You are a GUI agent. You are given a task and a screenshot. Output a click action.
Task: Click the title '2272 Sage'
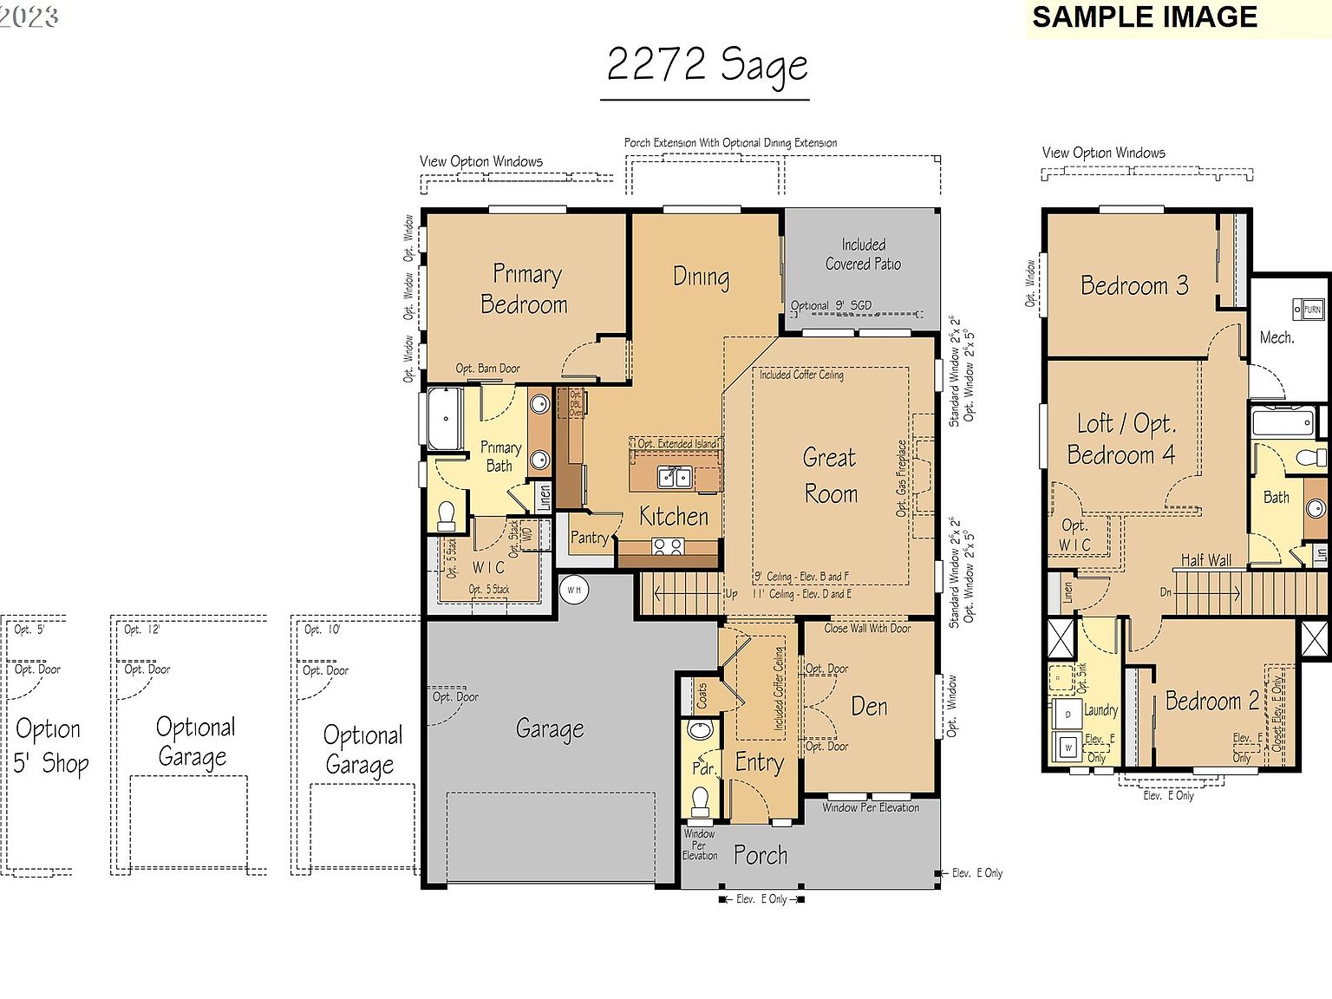(x=707, y=66)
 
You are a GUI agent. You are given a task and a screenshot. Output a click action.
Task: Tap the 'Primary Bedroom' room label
(x=525, y=289)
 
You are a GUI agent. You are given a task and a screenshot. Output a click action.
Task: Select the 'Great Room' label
(x=830, y=475)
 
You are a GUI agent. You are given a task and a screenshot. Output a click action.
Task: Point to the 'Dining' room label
(x=701, y=277)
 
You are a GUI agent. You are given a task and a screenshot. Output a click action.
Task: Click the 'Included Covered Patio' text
(x=863, y=254)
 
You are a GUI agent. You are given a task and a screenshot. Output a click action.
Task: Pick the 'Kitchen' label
(x=674, y=517)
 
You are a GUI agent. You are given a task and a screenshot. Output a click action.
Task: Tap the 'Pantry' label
(x=589, y=538)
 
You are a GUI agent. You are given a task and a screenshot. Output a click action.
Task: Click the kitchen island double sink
(x=674, y=477)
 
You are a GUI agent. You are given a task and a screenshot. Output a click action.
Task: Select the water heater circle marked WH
(x=574, y=590)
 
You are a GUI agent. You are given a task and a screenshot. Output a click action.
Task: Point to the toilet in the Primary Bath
(x=447, y=515)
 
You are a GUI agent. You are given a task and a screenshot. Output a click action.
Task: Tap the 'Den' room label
(x=869, y=707)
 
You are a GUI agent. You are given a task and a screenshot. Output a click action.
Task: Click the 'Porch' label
(x=761, y=855)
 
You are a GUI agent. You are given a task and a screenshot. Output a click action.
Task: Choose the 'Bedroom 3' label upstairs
(x=1134, y=285)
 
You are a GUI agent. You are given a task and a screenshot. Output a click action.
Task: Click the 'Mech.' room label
(x=1276, y=337)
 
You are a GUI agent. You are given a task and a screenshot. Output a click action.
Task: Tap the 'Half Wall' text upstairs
(x=1205, y=560)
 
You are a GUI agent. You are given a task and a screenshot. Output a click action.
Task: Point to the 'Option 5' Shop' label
(x=51, y=746)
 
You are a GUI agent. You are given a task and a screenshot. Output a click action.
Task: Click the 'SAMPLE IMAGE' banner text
(x=1144, y=17)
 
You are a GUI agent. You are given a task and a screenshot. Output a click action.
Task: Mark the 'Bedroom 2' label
(x=1211, y=701)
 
